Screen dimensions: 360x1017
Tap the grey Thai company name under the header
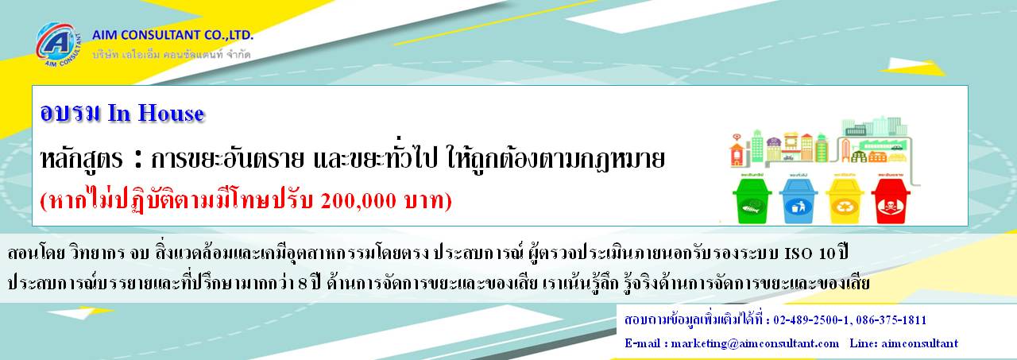coord(172,55)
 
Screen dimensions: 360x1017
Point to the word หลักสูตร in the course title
coord(82,160)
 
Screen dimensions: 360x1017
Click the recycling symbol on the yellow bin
coord(845,205)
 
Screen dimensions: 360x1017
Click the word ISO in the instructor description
coord(798,254)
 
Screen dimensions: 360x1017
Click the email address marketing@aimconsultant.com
coord(755,343)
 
